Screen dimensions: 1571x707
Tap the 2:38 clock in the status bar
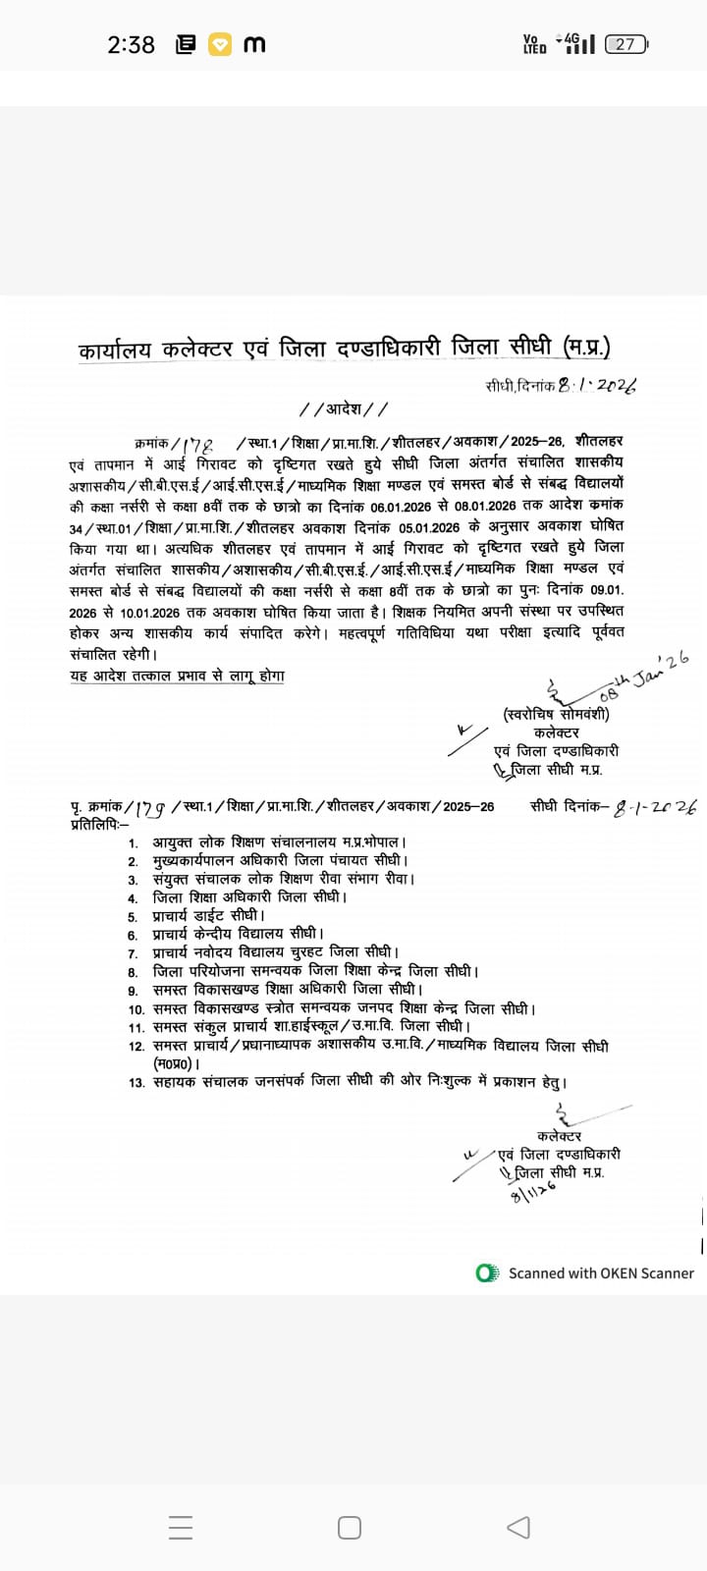pyautogui.click(x=131, y=44)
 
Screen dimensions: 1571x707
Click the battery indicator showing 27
pyautogui.click(x=626, y=44)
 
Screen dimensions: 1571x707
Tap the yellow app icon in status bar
pyautogui.click(x=220, y=44)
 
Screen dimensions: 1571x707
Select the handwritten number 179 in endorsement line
pyautogui.click(x=151, y=808)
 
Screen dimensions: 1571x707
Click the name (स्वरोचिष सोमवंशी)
pyautogui.click(x=556, y=714)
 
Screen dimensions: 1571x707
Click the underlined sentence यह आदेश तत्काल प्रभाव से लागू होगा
pyautogui.click(x=177, y=676)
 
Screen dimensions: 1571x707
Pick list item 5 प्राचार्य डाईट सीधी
pyautogui.click(x=208, y=915)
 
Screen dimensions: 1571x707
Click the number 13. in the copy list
pyautogui.click(x=136, y=1082)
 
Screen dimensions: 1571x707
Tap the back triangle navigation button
pyautogui.click(x=518, y=1527)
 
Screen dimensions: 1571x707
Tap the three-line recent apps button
pyautogui.click(x=181, y=1527)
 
